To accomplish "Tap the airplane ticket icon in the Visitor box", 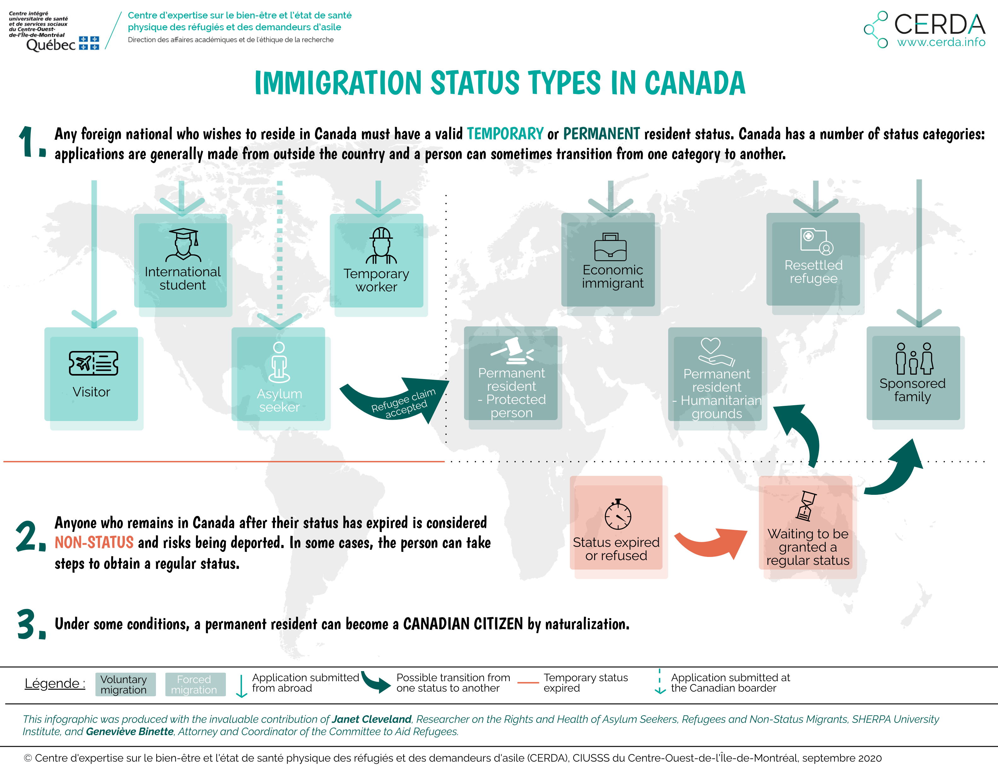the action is click(x=93, y=363).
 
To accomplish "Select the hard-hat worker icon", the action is click(x=381, y=246).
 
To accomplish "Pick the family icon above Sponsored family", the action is click(x=915, y=359).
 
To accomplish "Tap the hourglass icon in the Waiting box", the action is click(x=806, y=506).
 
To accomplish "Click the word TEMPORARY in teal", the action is click(x=505, y=133).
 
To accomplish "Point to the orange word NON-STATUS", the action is click(x=94, y=542).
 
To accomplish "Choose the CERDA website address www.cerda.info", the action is click(x=941, y=42).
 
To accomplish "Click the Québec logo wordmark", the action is click(x=51, y=45).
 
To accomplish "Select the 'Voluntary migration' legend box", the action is click(x=125, y=684).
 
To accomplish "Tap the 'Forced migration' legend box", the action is click(x=195, y=684).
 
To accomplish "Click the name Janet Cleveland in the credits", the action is click(x=371, y=719).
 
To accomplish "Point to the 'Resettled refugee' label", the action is click(x=813, y=272).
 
